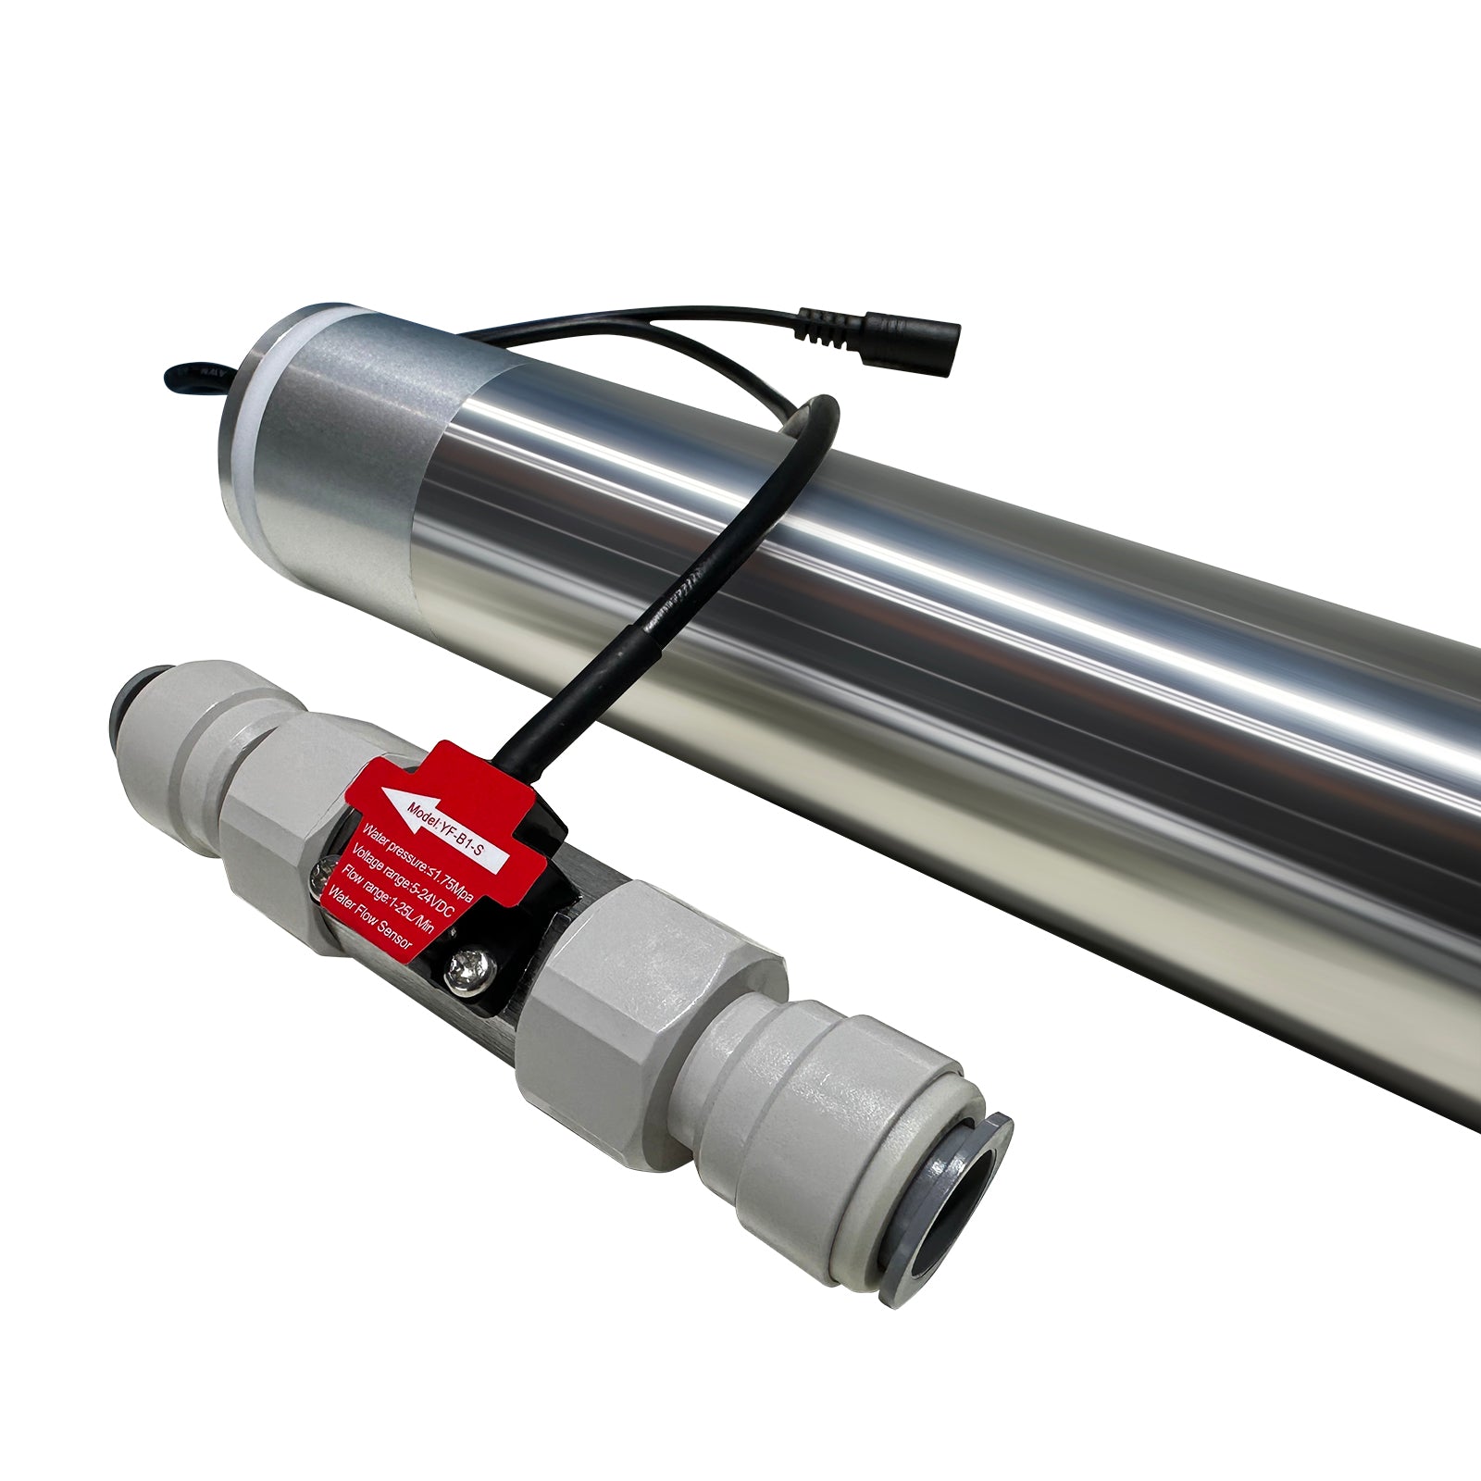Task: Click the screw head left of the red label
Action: (x=324, y=869)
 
